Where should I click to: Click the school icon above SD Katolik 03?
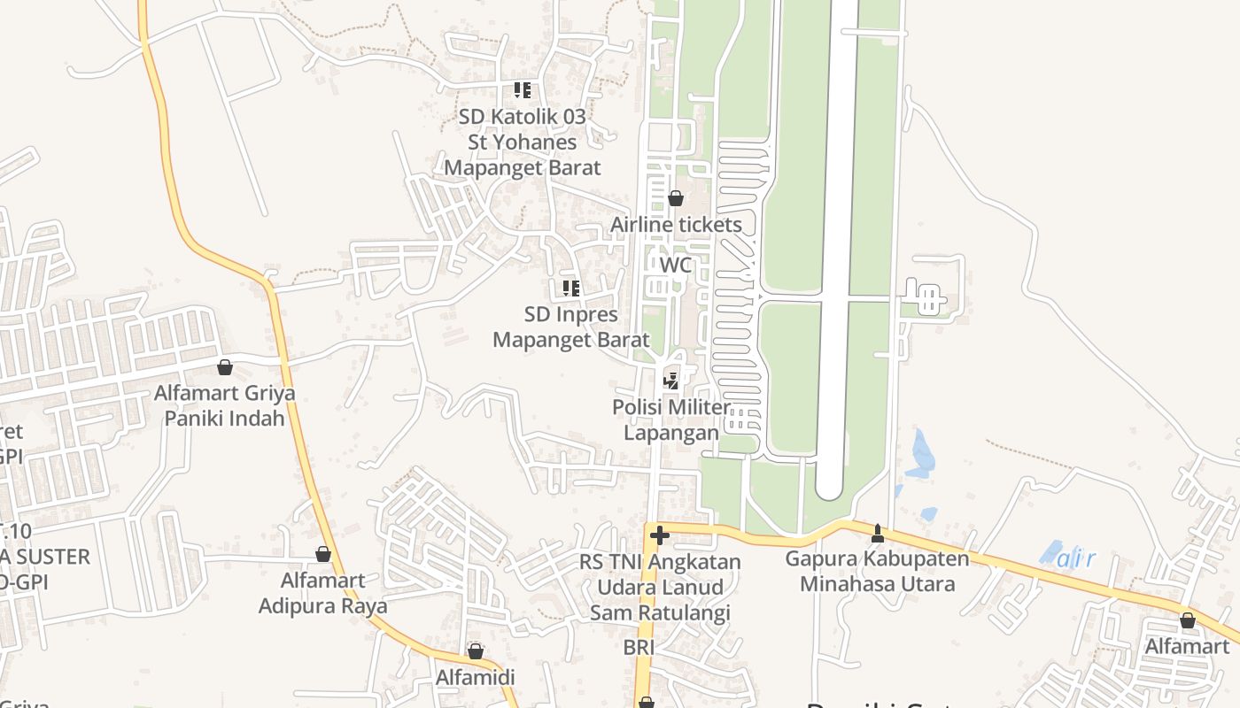[523, 89]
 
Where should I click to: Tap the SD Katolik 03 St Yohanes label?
[523, 142]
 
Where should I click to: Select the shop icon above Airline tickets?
[676, 198]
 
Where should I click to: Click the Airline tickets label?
[676, 225]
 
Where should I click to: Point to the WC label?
[676, 265]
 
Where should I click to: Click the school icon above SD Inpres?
[571, 288]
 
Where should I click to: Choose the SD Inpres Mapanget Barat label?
[571, 327]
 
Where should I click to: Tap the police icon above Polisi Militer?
[671, 381]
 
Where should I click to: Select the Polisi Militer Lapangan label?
[671, 420]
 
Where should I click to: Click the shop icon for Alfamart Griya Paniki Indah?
[225, 366]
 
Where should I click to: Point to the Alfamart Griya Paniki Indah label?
[225, 404]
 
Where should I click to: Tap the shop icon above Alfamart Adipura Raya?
[323, 554]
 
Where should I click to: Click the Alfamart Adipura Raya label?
[323, 593]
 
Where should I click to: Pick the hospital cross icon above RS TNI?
[659, 535]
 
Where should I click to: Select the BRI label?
[639, 647]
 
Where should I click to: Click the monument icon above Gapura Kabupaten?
[878, 533]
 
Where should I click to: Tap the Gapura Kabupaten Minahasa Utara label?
[878, 572]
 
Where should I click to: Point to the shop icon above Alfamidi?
[476, 651]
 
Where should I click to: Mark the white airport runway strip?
[837, 248]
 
